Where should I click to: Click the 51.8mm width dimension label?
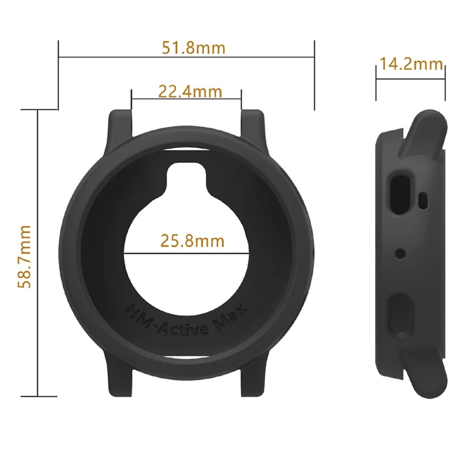(x=193, y=47)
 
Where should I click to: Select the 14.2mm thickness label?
(x=410, y=63)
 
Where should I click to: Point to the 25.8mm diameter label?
(x=192, y=240)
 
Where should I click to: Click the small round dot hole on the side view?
(x=400, y=253)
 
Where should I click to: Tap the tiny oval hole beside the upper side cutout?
(x=423, y=199)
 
